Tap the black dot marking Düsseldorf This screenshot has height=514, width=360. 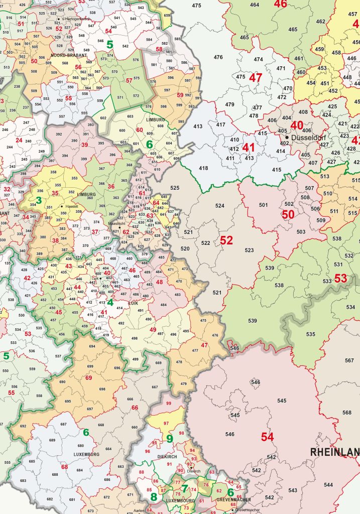287,137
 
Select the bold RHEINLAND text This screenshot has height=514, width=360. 334,452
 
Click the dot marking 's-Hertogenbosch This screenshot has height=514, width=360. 59,19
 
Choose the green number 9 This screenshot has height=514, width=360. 170,439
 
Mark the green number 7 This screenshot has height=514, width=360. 184,488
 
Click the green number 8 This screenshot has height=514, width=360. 154,497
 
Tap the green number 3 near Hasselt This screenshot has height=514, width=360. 38,200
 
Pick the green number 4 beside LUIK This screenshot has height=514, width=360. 109,302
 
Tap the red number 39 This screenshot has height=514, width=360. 84,145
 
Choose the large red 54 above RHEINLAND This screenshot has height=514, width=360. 267,437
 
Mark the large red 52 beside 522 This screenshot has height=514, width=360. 226,240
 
